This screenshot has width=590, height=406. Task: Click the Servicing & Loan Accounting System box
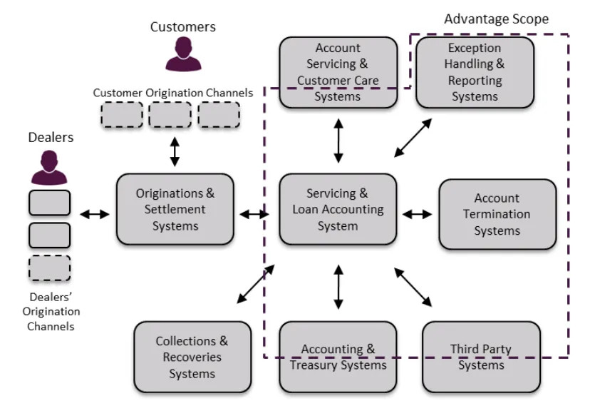tap(337, 210)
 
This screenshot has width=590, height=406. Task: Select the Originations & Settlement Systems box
tap(175, 210)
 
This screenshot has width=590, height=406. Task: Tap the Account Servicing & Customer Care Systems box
tap(337, 72)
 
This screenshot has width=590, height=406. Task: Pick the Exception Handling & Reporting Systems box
tap(475, 72)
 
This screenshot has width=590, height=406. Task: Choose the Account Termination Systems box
tap(497, 214)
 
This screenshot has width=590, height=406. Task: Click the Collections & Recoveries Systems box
tap(192, 357)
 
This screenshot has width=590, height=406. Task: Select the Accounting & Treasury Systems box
tap(337, 357)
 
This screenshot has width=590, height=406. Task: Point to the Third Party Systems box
tap(481, 357)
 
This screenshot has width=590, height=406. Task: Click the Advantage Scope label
tap(496, 19)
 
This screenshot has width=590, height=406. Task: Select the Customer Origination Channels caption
tap(172, 93)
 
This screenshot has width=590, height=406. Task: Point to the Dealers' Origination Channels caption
tap(49, 311)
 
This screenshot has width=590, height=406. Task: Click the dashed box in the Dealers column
tap(49, 268)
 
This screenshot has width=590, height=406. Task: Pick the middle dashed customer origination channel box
tap(170, 115)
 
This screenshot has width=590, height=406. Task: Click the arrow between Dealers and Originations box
tap(94, 213)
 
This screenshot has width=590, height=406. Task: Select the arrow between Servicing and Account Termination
tap(417, 213)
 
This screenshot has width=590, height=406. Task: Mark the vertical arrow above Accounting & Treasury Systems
tap(338, 287)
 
